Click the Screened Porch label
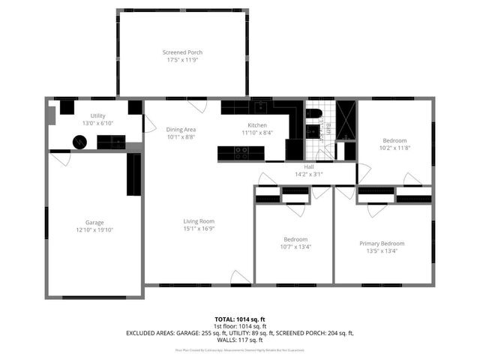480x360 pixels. pos(182,52)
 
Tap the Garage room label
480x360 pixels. pos(94,223)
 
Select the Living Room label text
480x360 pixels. pos(199,221)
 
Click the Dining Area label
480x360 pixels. pos(181,130)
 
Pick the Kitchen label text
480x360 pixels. pos(257,124)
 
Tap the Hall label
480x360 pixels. pos(308,166)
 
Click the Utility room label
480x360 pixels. pos(98,115)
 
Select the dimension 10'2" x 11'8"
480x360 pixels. pos(394,148)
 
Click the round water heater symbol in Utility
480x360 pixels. pos(79,141)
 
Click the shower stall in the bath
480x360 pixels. pos(346,119)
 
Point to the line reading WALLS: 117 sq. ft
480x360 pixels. pos(239,339)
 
